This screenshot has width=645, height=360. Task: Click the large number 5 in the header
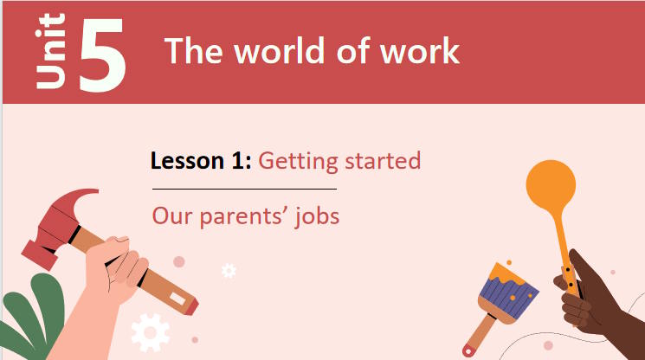click(102, 54)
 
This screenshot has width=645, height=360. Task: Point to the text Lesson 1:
click(201, 161)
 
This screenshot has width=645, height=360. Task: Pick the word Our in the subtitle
click(171, 215)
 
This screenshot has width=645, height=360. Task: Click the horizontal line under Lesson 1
click(244, 188)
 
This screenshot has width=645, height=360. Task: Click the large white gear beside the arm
click(150, 332)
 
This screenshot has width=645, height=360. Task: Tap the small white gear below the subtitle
click(229, 271)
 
